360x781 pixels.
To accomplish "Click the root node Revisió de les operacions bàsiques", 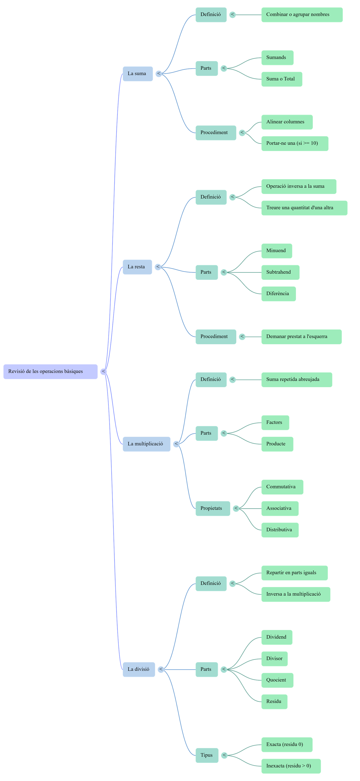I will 50,371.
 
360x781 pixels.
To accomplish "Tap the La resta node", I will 137,267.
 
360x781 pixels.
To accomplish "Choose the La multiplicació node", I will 146,444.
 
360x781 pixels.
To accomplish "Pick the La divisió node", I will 139,669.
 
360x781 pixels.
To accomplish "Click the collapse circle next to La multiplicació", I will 176,444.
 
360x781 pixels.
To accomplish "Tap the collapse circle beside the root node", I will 103,371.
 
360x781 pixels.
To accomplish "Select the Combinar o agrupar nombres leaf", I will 302,15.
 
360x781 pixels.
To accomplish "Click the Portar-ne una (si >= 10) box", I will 295,144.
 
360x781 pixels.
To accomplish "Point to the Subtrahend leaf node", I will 280,272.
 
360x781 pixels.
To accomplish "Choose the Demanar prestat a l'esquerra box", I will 301,337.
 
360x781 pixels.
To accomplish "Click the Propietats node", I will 213,508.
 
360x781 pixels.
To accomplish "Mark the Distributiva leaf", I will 280,530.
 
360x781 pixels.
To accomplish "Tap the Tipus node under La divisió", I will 207,755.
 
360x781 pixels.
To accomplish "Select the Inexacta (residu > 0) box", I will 291,766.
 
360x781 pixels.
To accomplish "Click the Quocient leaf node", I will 277,680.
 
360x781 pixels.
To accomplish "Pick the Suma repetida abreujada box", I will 296,379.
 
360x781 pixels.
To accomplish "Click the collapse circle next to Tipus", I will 224,755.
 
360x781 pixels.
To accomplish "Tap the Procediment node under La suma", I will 216,132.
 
